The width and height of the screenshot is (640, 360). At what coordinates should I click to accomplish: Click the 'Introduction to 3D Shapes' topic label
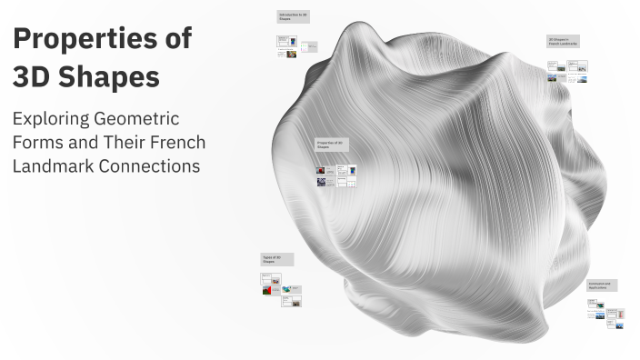click(x=293, y=17)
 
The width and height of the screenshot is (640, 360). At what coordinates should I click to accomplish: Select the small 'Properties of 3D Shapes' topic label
click(x=330, y=145)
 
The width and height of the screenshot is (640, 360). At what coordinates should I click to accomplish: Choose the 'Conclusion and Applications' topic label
click(x=602, y=285)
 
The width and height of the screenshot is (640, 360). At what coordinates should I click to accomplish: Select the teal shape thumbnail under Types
click(x=287, y=289)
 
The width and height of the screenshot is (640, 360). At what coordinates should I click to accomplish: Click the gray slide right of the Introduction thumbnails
click(x=311, y=46)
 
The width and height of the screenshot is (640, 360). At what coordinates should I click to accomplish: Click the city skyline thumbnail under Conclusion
click(x=600, y=315)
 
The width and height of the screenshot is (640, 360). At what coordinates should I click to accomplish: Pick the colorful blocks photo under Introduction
click(x=291, y=53)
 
